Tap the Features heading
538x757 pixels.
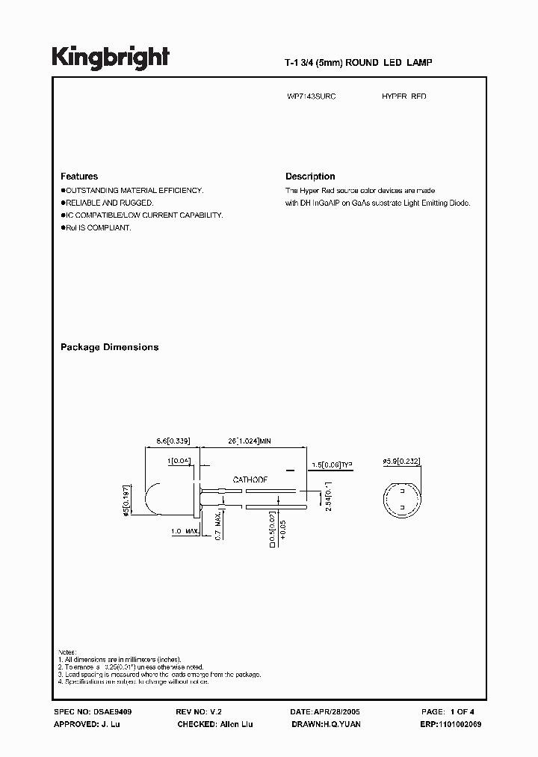(79, 177)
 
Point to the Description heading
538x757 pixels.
(310, 177)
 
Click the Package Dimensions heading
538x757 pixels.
(109, 347)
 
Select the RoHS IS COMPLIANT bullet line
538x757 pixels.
(97, 227)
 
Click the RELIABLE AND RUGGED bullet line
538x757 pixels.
(108, 203)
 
